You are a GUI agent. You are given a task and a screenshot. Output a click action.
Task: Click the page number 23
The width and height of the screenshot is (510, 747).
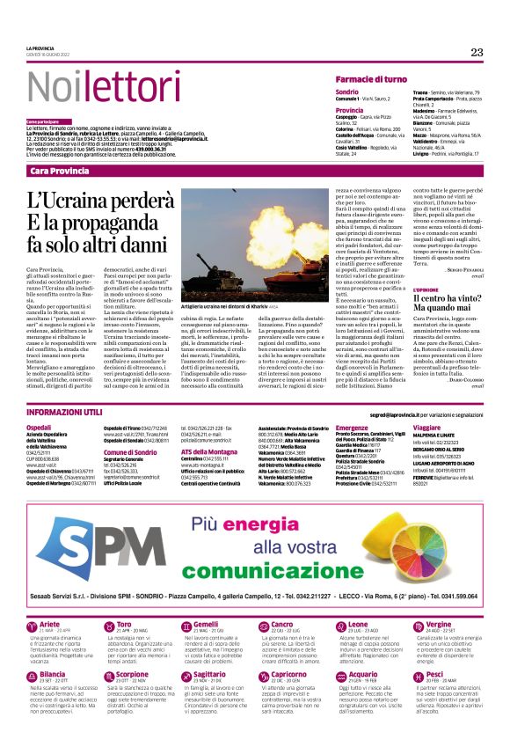point(477,53)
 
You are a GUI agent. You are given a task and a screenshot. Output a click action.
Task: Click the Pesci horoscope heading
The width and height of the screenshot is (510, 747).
point(433,699)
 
